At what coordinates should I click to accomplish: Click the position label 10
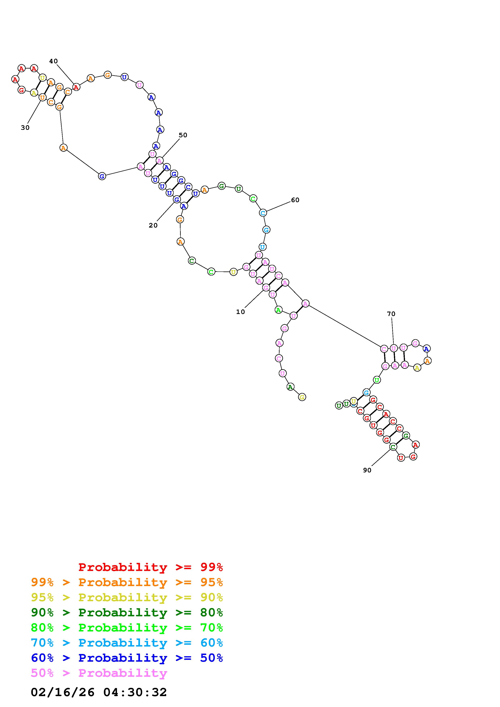pyautogui.click(x=240, y=312)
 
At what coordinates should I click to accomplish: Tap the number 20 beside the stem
pyautogui.click(x=153, y=225)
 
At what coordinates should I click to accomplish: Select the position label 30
pyautogui.click(x=25, y=128)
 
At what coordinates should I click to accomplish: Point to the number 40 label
pyautogui.click(x=53, y=61)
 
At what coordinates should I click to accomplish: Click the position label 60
pyautogui.click(x=295, y=200)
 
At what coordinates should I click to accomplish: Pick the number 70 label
pyautogui.click(x=391, y=314)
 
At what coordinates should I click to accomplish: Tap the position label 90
pyautogui.click(x=367, y=470)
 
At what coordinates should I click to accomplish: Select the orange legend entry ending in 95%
pyautogui.click(x=127, y=582)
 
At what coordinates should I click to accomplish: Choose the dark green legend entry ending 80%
pyautogui.click(x=127, y=612)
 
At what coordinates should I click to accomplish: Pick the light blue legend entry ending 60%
pyautogui.click(x=127, y=643)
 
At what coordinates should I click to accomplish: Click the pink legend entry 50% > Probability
pyautogui.click(x=99, y=673)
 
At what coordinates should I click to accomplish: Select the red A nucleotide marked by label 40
pyautogui.click(x=76, y=87)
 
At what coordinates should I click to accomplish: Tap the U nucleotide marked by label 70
pyautogui.click(x=394, y=348)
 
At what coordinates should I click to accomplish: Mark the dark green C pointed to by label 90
pyautogui.click(x=393, y=446)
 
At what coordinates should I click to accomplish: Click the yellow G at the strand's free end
pyautogui.click(x=302, y=397)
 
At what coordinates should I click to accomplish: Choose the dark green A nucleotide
pyautogui.click(x=290, y=387)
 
